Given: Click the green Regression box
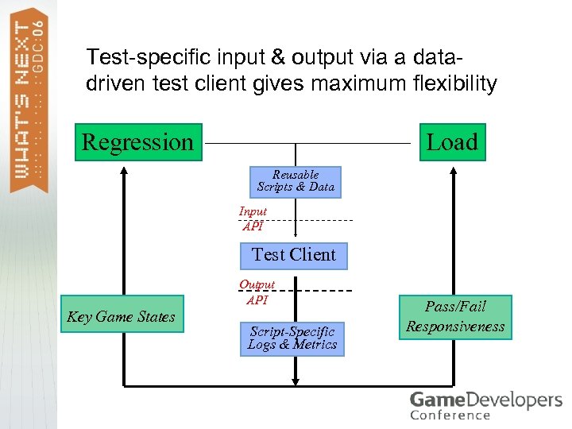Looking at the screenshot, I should click(138, 142).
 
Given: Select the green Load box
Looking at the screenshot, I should click(451, 142).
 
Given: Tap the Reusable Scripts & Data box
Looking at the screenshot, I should click(296, 181).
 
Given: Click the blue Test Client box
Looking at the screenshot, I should click(294, 255).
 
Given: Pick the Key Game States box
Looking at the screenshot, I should click(122, 317).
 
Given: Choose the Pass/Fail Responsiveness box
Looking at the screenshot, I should click(455, 316).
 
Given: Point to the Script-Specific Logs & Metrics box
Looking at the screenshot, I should click(292, 338).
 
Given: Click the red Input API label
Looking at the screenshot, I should click(253, 218).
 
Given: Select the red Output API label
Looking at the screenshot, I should click(257, 292).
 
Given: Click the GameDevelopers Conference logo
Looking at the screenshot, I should click(485, 404).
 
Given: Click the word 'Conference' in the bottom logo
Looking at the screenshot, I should click(450, 415).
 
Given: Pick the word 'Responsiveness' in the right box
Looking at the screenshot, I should click(455, 327).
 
